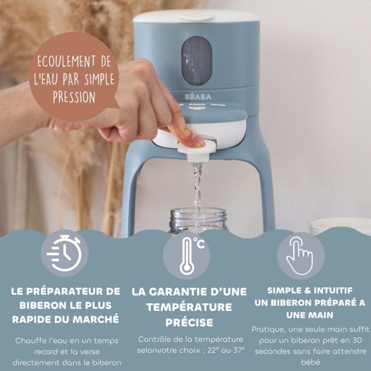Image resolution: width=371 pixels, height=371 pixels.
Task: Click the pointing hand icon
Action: click(x=300, y=255)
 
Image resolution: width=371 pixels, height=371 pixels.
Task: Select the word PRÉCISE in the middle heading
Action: click(x=189, y=322)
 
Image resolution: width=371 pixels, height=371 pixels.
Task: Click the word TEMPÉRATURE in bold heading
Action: click(x=189, y=307)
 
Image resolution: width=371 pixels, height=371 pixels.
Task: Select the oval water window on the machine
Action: click(x=196, y=60)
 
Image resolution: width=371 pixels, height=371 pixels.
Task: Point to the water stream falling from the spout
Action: click(x=198, y=185)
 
